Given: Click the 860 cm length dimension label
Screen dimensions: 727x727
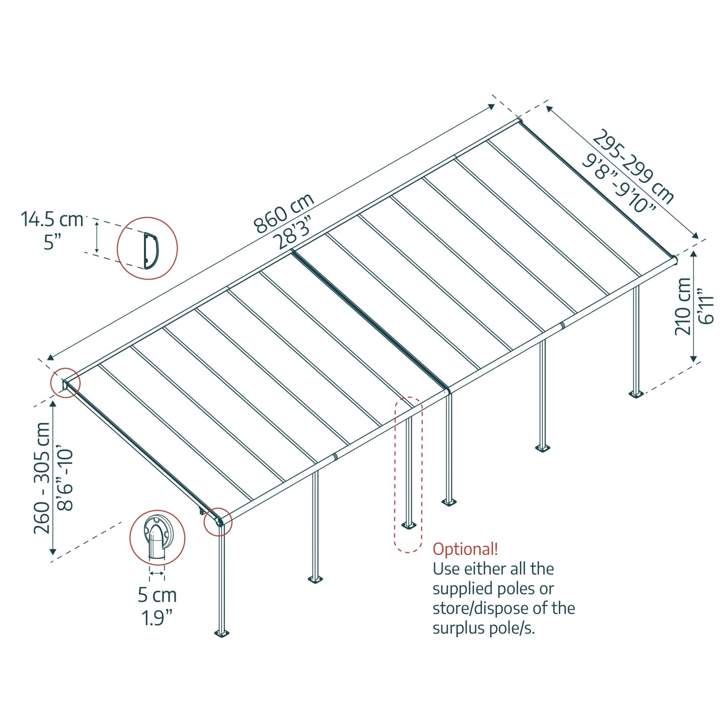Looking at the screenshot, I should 284,213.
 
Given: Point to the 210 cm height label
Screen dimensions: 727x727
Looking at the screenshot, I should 683,306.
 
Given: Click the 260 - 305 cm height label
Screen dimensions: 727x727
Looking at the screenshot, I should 42,478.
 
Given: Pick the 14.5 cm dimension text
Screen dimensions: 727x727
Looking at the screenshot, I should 52,220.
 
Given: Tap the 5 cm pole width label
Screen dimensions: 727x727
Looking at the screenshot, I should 157,595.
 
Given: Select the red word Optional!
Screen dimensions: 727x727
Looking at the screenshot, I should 465,549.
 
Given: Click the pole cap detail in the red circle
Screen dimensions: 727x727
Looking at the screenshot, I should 157,537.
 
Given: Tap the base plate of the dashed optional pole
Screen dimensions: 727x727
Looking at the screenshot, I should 409,525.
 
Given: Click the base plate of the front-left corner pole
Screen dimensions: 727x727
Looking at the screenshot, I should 221,633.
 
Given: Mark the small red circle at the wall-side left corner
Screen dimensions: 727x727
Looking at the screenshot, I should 65,383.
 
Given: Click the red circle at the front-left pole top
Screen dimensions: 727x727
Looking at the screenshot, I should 218,522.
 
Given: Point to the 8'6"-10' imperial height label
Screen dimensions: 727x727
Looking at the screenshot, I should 65,480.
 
